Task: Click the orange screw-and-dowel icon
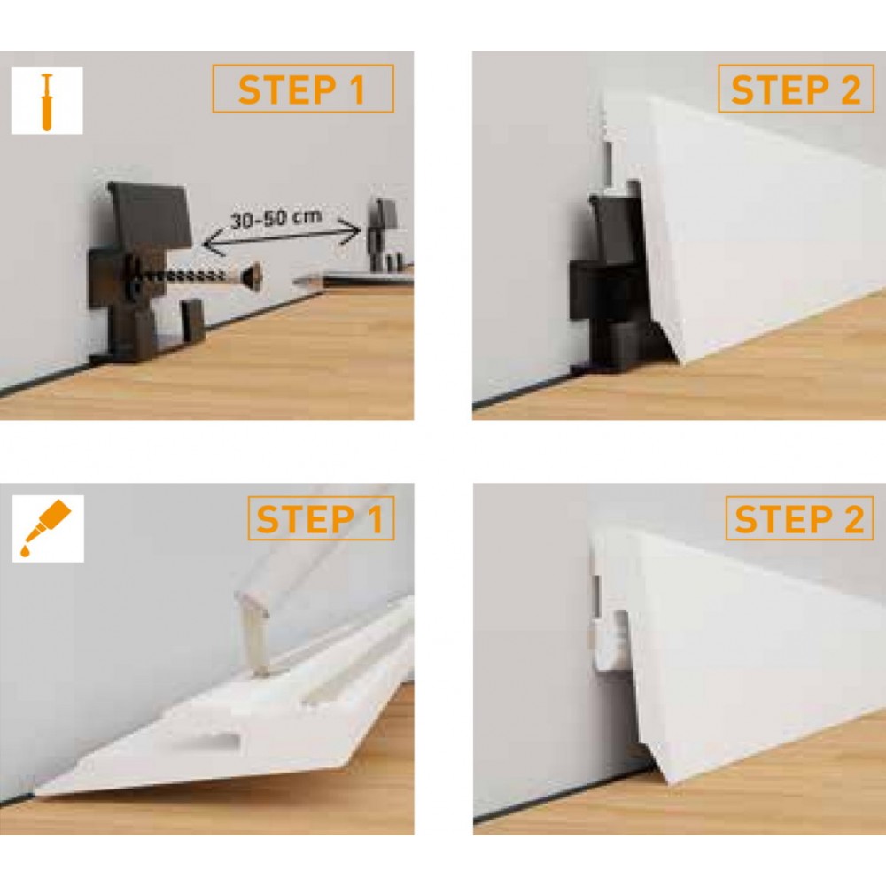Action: click(47, 102)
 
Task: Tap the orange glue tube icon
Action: click(46, 528)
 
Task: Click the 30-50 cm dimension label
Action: click(276, 218)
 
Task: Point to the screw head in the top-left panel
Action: click(251, 276)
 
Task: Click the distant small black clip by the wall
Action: click(383, 234)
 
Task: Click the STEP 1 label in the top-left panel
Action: click(302, 89)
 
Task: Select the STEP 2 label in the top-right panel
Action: click(797, 89)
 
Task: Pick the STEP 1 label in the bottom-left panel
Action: click(320, 519)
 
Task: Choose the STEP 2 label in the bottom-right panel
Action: click(799, 518)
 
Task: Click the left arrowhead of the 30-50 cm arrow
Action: click(209, 245)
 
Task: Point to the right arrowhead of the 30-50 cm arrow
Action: click(353, 230)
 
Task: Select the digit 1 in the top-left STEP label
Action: click(356, 90)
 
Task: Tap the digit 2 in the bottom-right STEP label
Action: click(853, 518)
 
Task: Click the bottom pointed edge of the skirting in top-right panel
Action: click(685, 362)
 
